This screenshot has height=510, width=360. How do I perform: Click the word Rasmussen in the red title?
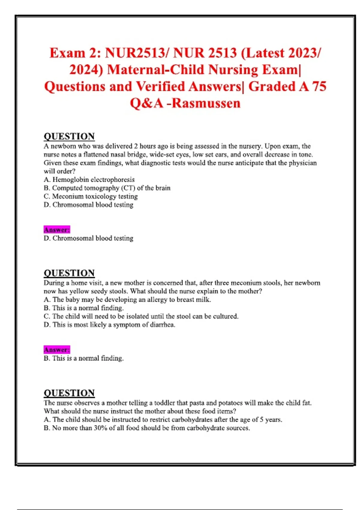(x=206, y=103)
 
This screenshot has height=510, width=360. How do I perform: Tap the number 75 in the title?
(x=319, y=86)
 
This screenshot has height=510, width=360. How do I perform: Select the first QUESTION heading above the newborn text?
(x=69, y=136)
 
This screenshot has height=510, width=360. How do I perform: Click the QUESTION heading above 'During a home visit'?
(x=69, y=273)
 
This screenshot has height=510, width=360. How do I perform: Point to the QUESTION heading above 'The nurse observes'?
(x=69, y=393)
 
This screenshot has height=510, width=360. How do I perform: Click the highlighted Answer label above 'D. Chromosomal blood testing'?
(x=57, y=230)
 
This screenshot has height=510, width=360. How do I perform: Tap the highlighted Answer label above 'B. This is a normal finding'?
(x=57, y=350)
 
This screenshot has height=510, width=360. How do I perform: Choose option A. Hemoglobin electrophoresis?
(x=89, y=180)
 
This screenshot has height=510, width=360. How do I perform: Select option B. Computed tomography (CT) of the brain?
(x=107, y=188)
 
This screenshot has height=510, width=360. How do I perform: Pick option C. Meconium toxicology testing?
(x=91, y=196)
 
